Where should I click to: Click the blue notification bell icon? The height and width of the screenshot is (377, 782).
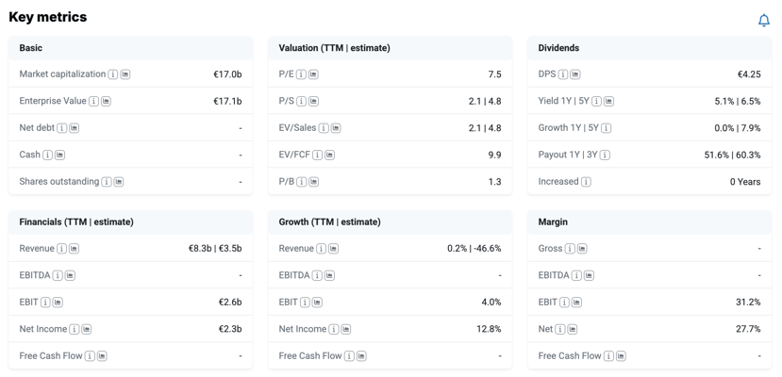pyautogui.click(x=763, y=21)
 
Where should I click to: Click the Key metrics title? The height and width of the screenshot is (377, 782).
pyautogui.click(x=48, y=17)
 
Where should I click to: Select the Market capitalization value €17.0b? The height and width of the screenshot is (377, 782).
pyautogui.click(x=227, y=74)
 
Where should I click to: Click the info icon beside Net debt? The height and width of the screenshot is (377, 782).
pyautogui.click(x=62, y=128)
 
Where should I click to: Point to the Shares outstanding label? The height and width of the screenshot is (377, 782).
pyautogui.click(x=59, y=181)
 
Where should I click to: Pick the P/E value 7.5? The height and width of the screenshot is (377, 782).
pyautogui.click(x=494, y=74)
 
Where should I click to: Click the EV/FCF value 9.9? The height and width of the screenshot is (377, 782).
pyautogui.click(x=494, y=155)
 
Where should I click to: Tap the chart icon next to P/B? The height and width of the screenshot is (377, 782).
pyautogui.click(x=313, y=182)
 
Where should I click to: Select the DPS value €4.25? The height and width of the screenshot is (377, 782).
pyautogui.click(x=749, y=74)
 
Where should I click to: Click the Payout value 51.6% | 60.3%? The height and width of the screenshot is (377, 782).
pyautogui.click(x=732, y=155)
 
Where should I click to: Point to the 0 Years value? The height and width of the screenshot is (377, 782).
pyautogui.click(x=745, y=182)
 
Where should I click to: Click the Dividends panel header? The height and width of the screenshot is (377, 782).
pyautogui.click(x=649, y=48)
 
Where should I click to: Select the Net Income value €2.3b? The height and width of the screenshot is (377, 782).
pyautogui.click(x=229, y=329)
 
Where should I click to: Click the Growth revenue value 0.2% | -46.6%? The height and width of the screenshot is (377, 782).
pyautogui.click(x=474, y=249)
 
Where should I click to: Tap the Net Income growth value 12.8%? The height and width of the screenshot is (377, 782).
pyautogui.click(x=489, y=329)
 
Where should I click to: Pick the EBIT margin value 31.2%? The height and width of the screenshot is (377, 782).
pyautogui.click(x=748, y=303)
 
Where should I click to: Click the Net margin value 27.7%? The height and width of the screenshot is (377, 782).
pyautogui.click(x=748, y=329)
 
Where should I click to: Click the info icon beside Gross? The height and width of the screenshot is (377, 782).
pyautogui.click(x=570, y=249)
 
